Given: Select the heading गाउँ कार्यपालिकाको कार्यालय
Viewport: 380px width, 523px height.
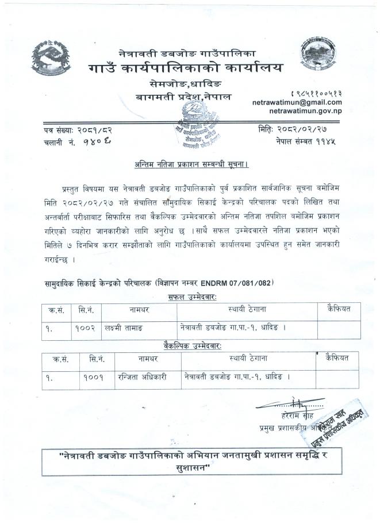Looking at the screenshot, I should tap(186, 68).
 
